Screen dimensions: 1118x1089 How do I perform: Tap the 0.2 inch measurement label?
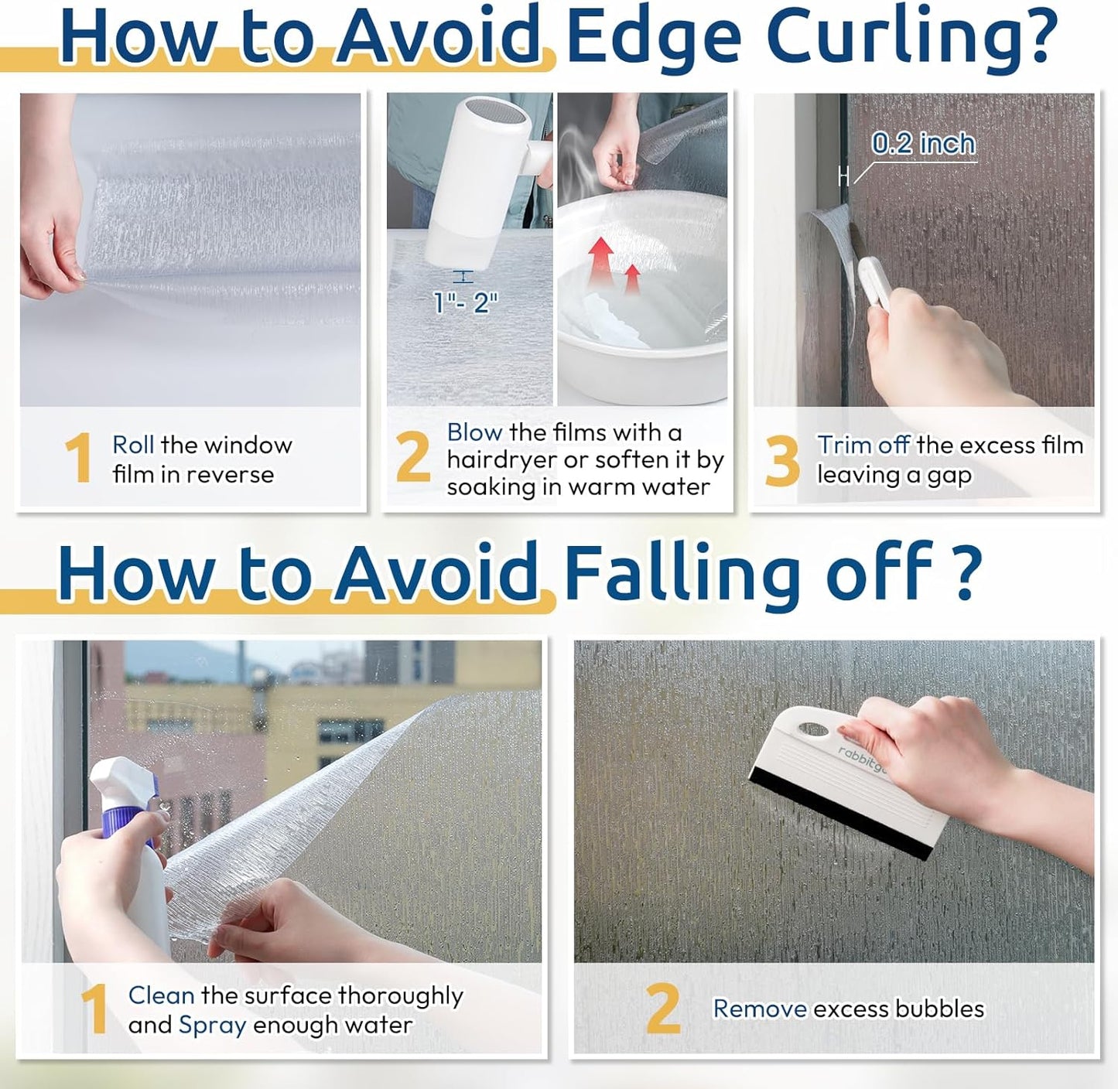tap(923, 144)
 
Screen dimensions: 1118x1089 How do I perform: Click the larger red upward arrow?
tap(600, 262)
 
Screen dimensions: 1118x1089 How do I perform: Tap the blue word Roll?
tap(133, 445)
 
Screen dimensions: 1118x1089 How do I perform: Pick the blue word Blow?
tap(474, 432)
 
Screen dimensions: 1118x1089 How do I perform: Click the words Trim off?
tap(863, 445)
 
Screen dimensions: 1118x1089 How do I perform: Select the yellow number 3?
tap(782, 461)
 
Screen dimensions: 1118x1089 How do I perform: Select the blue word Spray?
tap(213, 1026)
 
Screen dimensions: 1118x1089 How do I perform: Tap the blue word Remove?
tap(760, 1009)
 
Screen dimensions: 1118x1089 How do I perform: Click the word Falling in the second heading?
tap(683, 575)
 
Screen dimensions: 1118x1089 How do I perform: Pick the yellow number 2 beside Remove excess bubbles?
tap(664, 1009)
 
